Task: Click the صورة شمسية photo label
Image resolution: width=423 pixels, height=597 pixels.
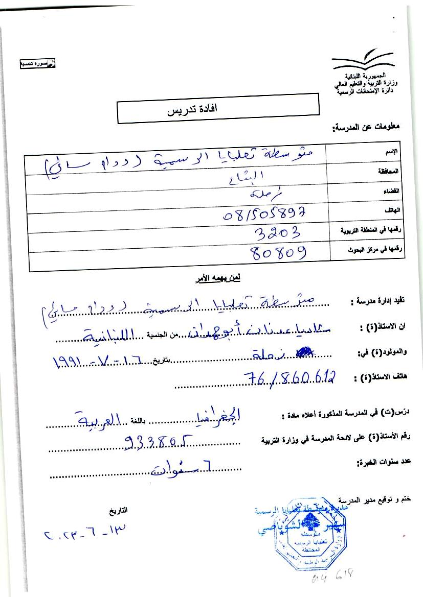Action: [x=37, y=64]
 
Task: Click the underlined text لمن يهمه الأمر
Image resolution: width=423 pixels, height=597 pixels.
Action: [x=218, y=278]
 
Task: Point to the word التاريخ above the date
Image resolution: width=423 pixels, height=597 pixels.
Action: [x=118, y=510]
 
